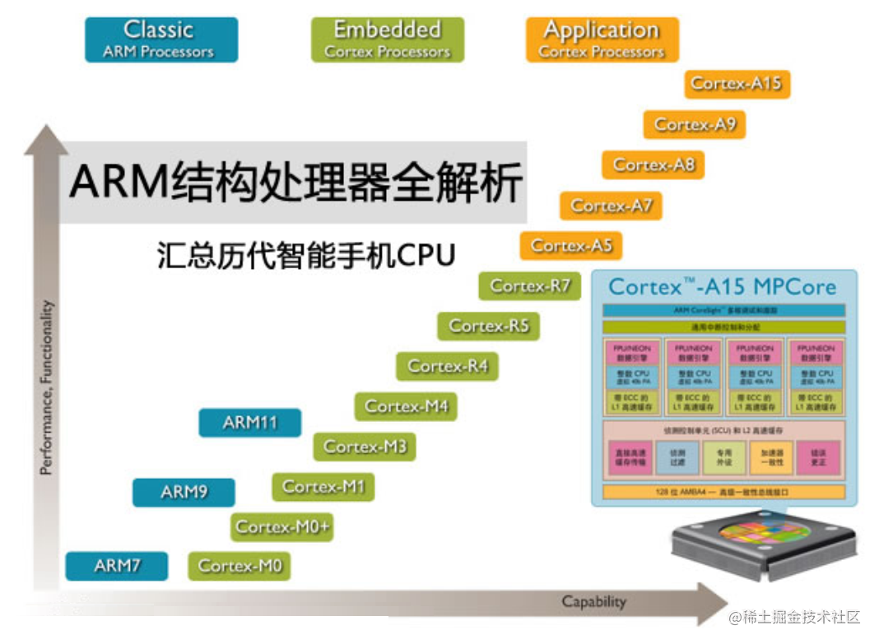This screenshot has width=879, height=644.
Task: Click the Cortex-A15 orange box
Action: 737,83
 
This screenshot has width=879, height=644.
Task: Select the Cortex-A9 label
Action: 695,124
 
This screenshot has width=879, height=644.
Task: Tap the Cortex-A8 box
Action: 653,164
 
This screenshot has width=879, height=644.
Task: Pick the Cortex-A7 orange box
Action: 612,205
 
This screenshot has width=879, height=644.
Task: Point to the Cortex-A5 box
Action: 571,245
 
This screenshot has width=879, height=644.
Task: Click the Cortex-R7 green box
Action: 530,285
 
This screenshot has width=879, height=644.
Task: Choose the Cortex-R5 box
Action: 489,326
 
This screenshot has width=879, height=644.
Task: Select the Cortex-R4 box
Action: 448,366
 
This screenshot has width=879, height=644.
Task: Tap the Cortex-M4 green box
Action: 407,406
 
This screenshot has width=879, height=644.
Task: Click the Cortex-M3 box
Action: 365,447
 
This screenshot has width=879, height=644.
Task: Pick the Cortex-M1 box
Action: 323,487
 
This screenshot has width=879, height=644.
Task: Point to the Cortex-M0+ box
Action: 283,526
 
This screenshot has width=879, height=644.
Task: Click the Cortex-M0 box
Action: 240,566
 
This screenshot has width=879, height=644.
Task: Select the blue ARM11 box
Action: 250,423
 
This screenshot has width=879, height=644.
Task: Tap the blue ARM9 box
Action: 184,492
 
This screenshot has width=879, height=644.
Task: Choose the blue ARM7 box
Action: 117,566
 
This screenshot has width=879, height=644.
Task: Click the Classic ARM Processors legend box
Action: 161,39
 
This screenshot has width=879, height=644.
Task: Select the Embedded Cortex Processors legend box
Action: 388,39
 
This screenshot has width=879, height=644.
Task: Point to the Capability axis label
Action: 593,602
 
